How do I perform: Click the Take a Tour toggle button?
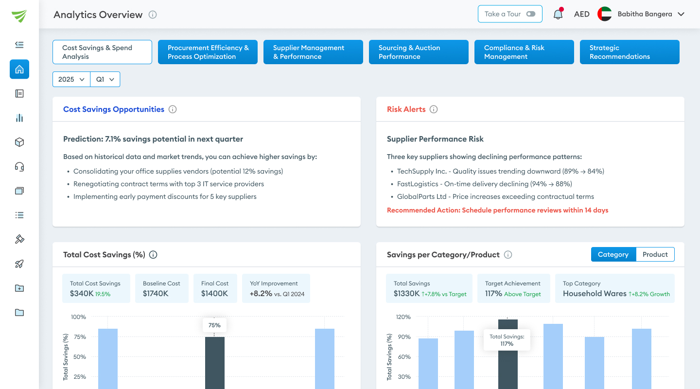point(509,14)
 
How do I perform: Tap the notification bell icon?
point(558,14)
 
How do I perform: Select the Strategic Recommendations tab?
point(629,52)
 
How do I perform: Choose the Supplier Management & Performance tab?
point(313,52)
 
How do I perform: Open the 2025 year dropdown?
point(71,79)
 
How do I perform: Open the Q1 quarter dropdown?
point(105,79)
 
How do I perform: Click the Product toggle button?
point(655,254)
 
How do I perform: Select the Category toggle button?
point(613,254)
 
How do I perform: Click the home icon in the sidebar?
point(19,69)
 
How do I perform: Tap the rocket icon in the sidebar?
point(19,264)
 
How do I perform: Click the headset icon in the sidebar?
point(19,167)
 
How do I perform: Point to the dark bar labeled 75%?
point(214,362)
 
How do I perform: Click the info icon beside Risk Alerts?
point(434,109)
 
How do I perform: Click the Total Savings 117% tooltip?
point(507,340)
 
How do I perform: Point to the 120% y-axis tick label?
point(403,317)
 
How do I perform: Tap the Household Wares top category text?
point(594,294)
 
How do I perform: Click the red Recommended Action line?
point(497,211)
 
